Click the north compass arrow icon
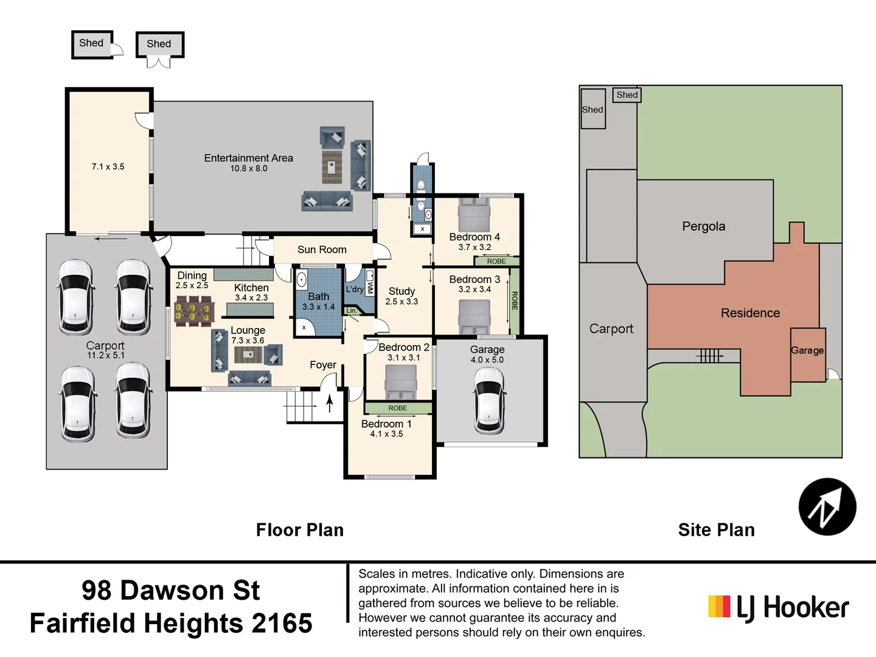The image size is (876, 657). (x=827, y=507)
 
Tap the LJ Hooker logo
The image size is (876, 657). (x=779, y=607)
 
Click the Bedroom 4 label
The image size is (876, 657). (x=474, y=237)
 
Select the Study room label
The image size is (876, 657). (x=401, y=291)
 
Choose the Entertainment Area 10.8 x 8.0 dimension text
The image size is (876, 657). (x=248, y=169)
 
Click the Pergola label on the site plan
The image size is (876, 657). (x=703, y=226)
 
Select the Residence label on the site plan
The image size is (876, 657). (x=750, y=313)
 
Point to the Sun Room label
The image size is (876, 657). (x=322, y=249)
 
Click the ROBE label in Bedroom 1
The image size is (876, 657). (x=398, y=408)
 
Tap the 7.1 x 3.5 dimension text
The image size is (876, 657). (x=108, y=167)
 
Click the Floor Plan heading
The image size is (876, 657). (x=299, y=530)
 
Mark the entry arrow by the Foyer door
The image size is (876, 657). (x=330, y=403)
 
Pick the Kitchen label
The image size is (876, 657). (x=251, y=288)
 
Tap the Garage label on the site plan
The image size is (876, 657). (x=807, y=350)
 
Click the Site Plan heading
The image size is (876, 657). (x=716, y=530)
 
